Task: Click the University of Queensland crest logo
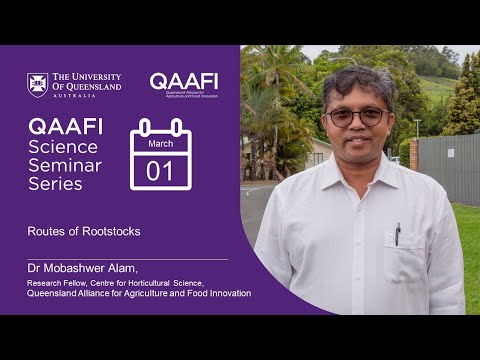37,85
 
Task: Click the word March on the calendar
160,143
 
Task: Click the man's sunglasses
358,117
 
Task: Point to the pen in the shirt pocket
397,234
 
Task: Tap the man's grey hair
357,80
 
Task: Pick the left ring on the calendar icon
146,128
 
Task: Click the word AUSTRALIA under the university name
75,97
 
